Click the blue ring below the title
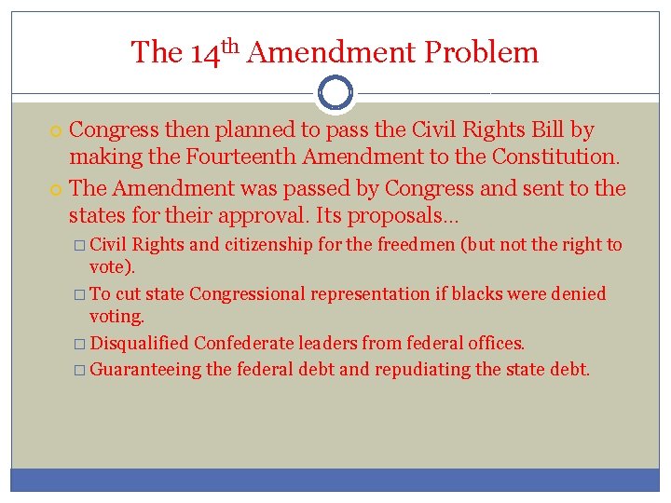click(335, 93)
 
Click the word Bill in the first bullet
click(547, 129)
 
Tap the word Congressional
click(247, 294)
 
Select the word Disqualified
click(140, 344)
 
